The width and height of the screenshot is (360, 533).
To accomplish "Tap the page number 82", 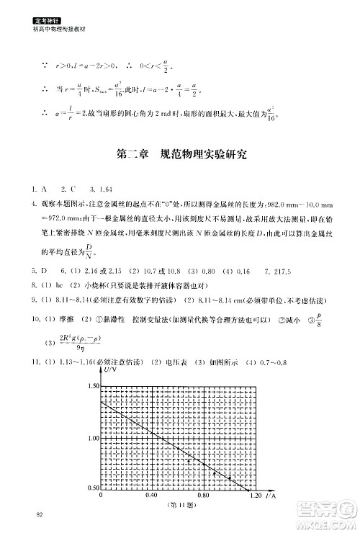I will point(29,514).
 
